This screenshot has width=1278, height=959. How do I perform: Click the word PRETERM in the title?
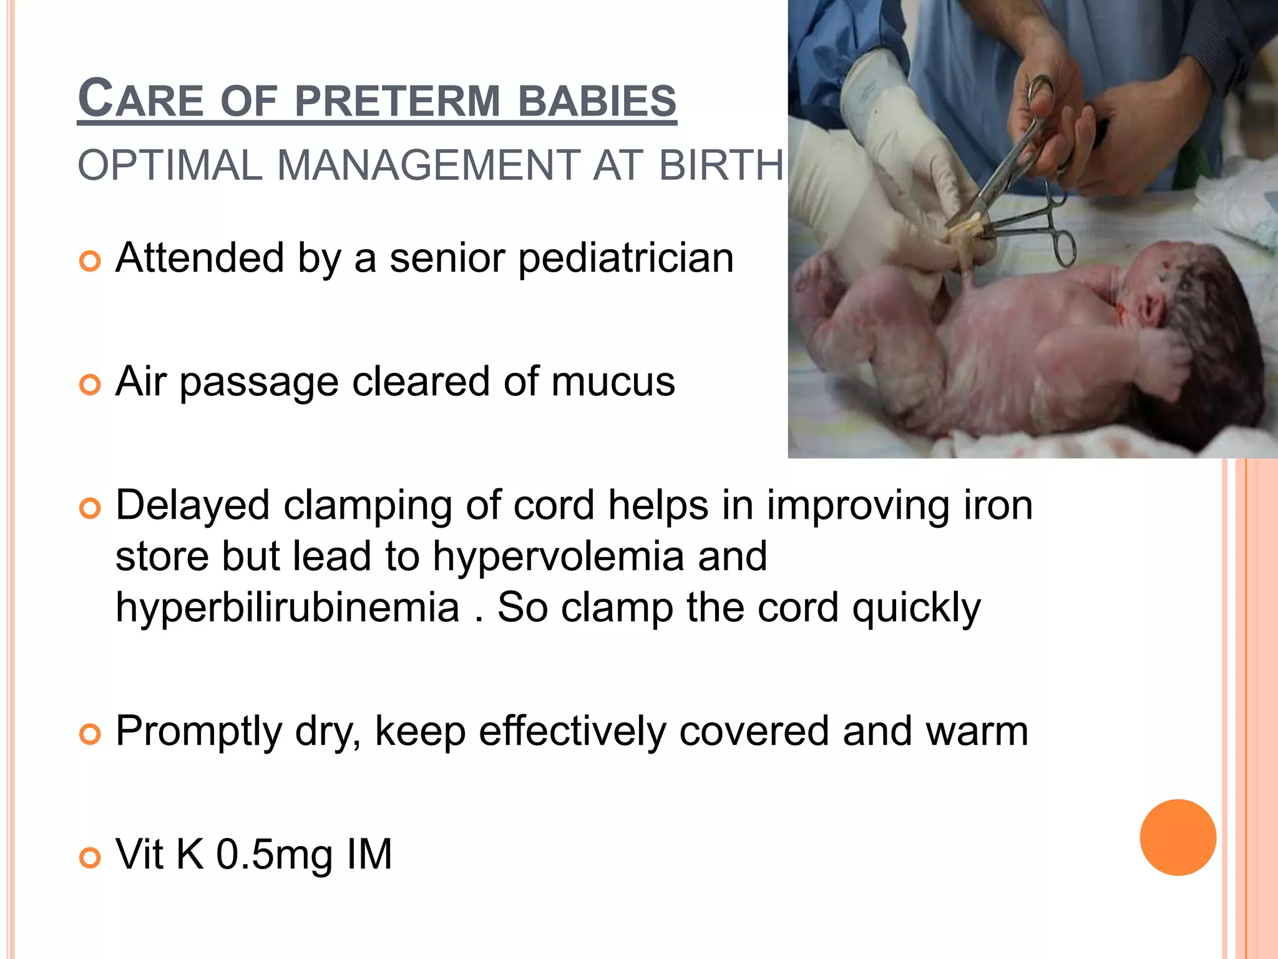[397, 101]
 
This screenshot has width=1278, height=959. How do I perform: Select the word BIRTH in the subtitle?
[721, 165]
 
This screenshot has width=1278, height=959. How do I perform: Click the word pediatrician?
[626, 258]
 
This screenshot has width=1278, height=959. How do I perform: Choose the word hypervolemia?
[559, 556]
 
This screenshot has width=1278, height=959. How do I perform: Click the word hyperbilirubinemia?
[288, 607]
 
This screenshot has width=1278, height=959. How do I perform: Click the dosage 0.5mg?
[274, 855]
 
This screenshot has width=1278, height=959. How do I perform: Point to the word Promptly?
[198, 731]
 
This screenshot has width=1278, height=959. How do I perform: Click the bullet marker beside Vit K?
[90, 858]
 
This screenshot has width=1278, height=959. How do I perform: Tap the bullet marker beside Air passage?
[90, 385]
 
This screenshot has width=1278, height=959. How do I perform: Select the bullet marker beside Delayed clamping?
[90, 508]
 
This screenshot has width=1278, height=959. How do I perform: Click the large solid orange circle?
[1178, 837]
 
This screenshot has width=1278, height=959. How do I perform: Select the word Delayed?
[192, 505]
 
